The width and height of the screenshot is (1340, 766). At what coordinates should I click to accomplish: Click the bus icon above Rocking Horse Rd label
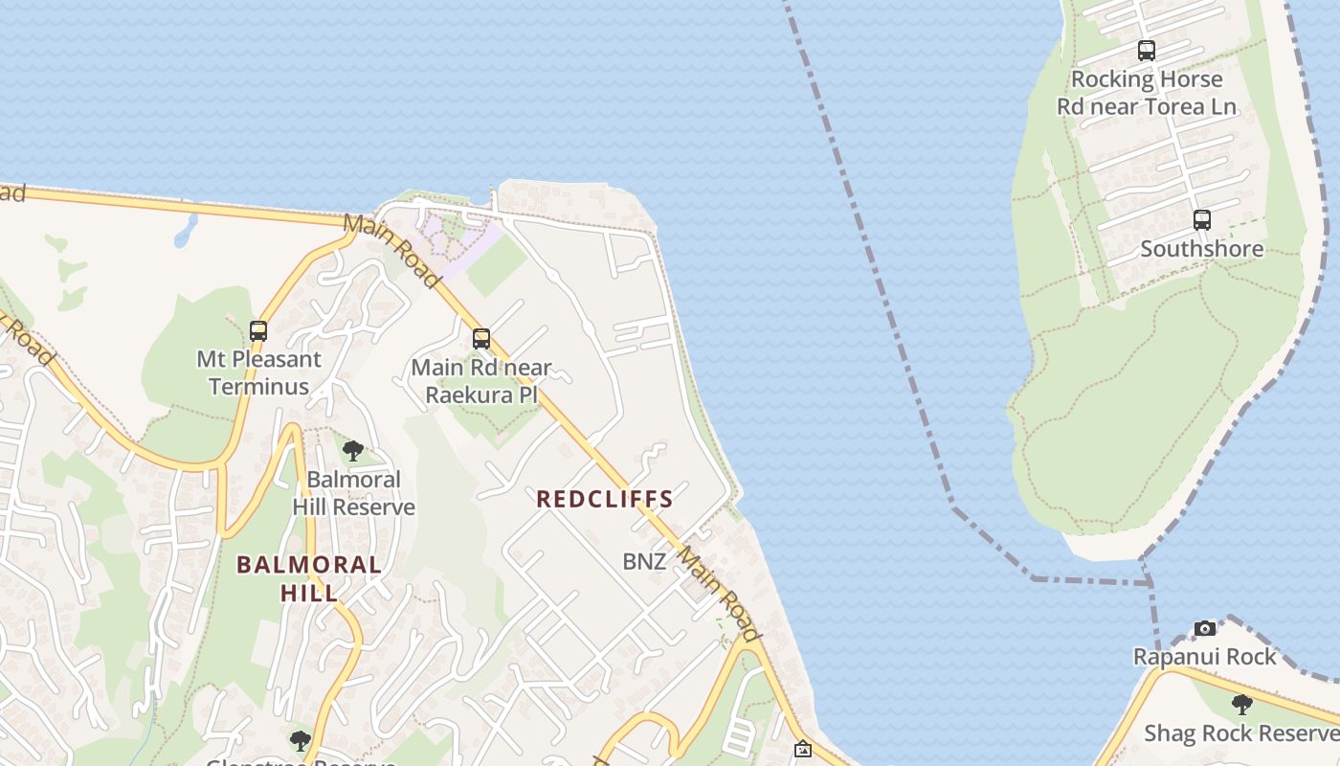pos(1146,51)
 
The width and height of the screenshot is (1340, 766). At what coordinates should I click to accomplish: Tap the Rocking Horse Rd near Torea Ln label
pos(1147,93)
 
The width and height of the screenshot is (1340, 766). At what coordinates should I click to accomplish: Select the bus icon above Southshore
pos(1202,220)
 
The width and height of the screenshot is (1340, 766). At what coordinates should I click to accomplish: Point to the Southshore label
pos(1201,249)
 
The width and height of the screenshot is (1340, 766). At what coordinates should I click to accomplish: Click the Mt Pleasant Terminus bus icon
pos(258,331)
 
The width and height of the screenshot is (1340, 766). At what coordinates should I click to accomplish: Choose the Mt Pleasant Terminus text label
pos(258,372)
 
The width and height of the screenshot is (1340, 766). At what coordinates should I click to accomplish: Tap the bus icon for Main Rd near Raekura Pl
pos(481,339)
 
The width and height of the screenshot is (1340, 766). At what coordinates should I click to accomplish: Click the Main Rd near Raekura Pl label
pos(481,381)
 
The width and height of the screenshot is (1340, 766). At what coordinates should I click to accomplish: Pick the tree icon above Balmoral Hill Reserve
pos(353,451)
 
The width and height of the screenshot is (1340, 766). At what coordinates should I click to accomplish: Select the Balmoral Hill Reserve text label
pos(354,493)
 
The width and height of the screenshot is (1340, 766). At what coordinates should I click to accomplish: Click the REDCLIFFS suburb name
pos(605,499)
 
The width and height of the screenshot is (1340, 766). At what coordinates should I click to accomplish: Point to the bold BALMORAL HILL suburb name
pos(309,578)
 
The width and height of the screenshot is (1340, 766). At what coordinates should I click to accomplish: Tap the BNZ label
pos(644,562)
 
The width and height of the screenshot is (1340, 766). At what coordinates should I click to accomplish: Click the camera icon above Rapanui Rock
pos(1205,629)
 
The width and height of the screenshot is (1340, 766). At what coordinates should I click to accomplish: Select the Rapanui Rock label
pos(1205,657)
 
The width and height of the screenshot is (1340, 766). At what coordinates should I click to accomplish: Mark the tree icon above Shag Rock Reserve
pos(1242,706)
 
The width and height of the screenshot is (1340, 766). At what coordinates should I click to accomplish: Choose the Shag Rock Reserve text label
pos(1241,733)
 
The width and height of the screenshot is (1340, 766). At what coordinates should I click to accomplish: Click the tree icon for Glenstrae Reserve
pos(301,741)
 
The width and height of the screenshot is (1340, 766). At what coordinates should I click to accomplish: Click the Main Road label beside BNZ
pos(720,594)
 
